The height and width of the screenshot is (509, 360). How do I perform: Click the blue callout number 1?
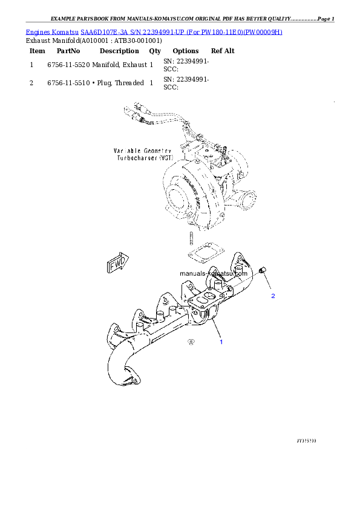[221, 342]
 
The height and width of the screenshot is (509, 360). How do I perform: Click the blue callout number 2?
[273, 296]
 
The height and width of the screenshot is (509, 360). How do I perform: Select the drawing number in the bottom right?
[307, 441]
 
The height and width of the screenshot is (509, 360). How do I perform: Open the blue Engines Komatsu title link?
[154, 31]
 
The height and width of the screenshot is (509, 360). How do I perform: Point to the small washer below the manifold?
[191, 342]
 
